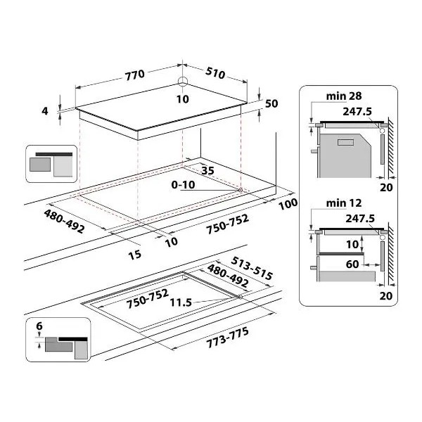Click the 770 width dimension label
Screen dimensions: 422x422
click(135, 75)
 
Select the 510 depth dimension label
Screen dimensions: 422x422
click(215, 72)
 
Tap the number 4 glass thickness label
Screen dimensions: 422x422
click(45, 111)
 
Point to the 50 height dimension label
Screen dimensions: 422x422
click(271, 103)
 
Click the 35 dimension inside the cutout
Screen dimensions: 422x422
click(207, 170)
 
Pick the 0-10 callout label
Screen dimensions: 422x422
click(184, 185)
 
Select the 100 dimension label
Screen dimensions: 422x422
click(288, 204)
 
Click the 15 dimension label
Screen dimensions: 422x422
click(135, 255)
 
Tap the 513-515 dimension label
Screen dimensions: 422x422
click(252, 268)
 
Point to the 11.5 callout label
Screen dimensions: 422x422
click(181, 302)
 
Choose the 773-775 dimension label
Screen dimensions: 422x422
click(227, 338)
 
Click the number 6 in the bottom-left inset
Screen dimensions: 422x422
click(39, 326)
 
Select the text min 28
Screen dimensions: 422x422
click(344, 96)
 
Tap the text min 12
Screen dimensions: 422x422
click(344, 203)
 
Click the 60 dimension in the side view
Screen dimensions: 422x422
click(352, 264)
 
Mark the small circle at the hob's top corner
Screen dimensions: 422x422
click(183, 81)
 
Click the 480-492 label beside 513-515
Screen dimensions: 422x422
click(228, 276)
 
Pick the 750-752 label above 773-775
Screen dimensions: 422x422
click(148, 298)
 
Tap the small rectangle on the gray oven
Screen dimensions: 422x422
click(345, 142)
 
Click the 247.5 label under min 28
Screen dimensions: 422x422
click(357, 111)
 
